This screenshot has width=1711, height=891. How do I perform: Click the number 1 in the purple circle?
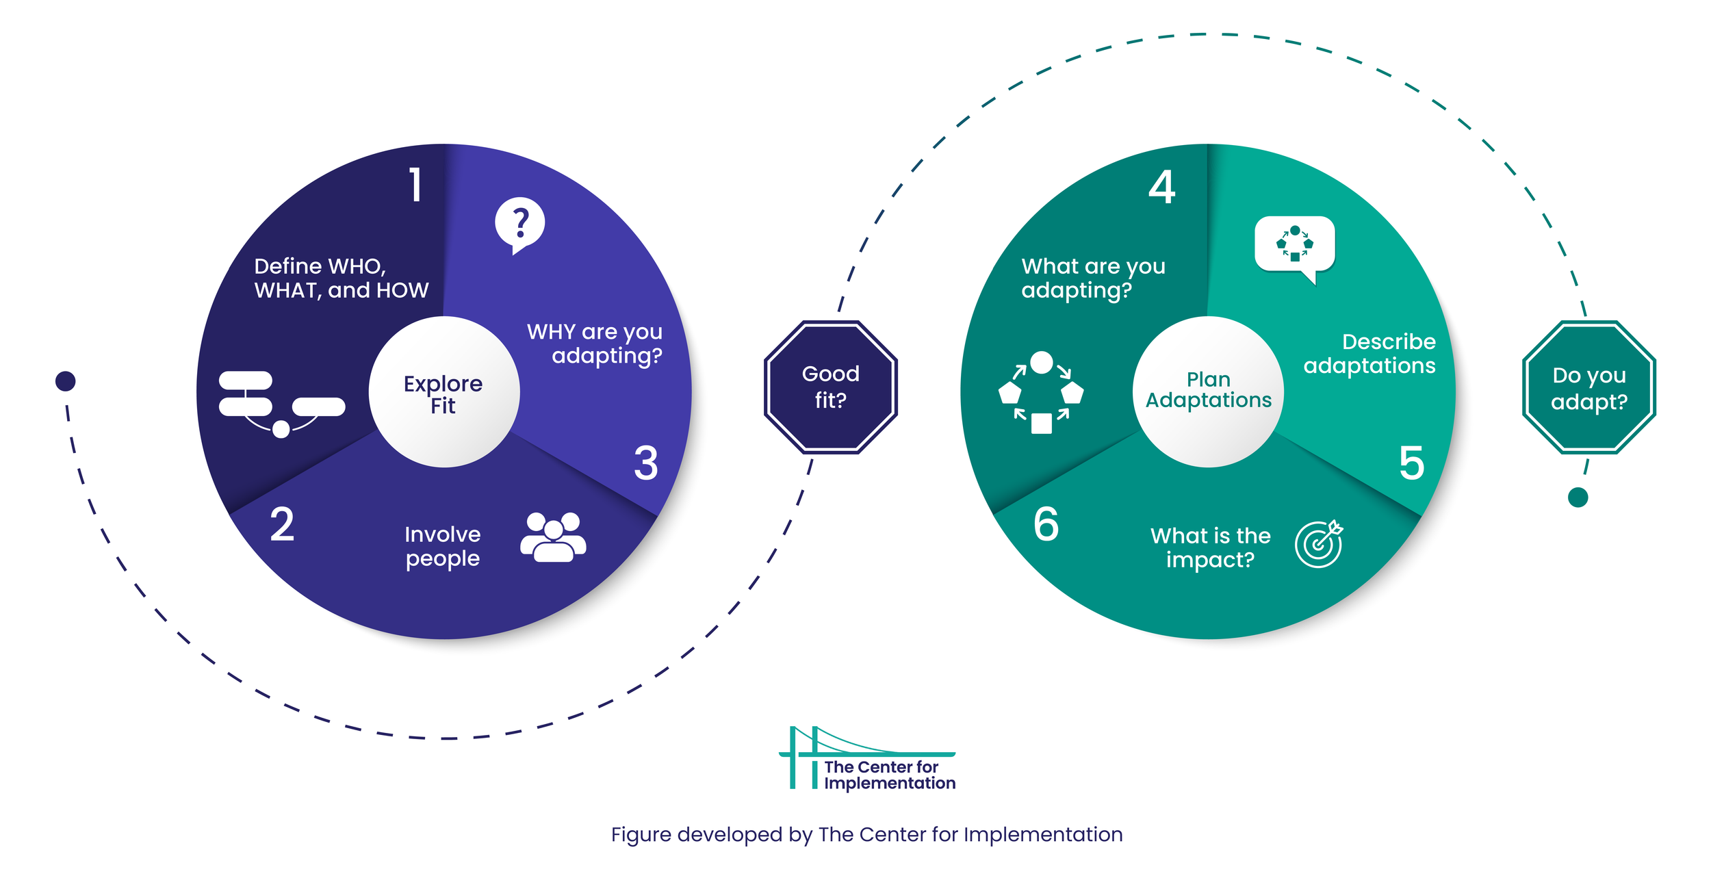(415, 185)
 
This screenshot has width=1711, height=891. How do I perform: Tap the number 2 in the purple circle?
(282, 525)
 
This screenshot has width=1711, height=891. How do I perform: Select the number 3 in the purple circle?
(645, 463)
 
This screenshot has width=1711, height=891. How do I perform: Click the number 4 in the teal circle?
(1161, 187)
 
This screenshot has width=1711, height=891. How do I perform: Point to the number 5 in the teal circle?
(1411, 463)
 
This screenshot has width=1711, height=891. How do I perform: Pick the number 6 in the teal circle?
(1046, 525)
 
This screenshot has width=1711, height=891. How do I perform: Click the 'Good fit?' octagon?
(830, 387)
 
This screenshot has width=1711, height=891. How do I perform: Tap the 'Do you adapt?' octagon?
(1588, 387)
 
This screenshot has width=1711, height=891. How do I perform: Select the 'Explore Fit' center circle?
(443, 393)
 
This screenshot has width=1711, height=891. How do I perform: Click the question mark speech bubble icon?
(519, 224)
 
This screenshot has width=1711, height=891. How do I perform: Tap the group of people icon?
(553, 538)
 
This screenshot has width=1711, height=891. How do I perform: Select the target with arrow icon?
(1319, 544)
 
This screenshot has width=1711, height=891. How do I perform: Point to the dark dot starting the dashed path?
(65, 381)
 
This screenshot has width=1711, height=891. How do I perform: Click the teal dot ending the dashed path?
(1578, 498)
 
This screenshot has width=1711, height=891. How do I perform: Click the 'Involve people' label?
(442, 546)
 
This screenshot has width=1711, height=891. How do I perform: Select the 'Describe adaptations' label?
(1369, 353)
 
